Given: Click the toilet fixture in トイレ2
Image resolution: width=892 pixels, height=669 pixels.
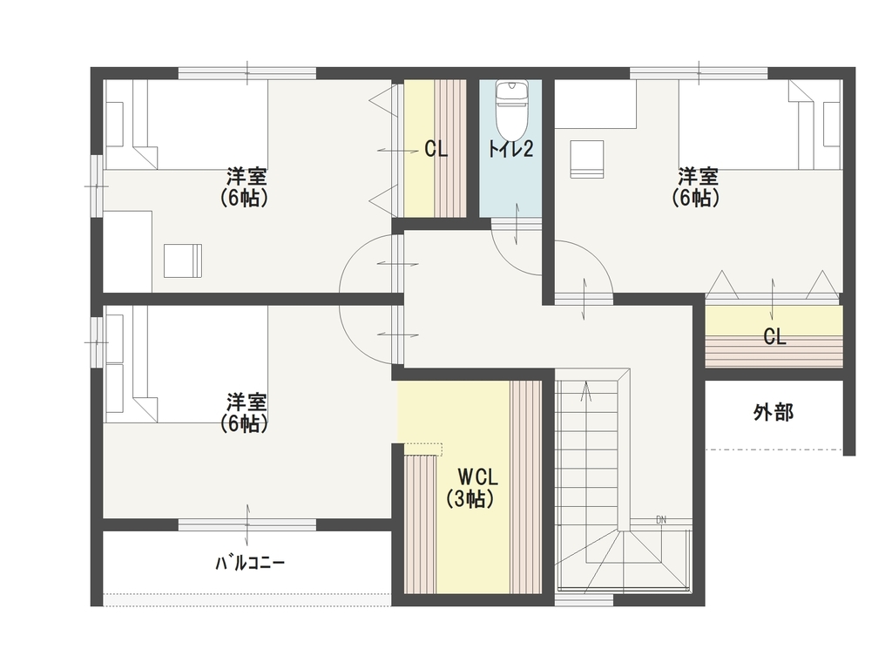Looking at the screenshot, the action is (x=512, y=108).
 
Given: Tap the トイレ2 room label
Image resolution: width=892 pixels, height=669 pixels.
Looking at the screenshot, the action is (x=510, y=149).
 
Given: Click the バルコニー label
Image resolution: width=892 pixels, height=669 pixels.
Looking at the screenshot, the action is (x=250, y=564).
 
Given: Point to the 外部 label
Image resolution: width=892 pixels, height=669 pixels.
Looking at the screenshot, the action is (x=774, y=412).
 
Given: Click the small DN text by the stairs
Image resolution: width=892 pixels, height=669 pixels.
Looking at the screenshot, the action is (x=661, y=520).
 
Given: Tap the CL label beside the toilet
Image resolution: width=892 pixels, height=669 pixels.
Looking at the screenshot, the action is (x=436, y=150).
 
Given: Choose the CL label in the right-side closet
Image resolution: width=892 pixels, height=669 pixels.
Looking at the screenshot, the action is (x=774, y=337).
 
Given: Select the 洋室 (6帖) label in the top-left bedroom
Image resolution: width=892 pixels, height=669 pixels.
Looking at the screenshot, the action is (x=245, y=186).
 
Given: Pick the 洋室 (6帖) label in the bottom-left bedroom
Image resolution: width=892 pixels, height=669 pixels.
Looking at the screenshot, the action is (x=245, y=413).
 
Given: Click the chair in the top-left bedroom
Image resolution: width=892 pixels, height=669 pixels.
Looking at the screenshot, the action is (x=183, y=260).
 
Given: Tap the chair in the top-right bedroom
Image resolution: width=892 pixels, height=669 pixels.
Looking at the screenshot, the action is (x=586, y=159).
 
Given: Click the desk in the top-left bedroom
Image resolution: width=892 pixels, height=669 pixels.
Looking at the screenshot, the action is (x=127, y=252).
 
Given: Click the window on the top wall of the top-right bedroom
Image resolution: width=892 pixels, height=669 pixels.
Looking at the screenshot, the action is (x=699, y=73).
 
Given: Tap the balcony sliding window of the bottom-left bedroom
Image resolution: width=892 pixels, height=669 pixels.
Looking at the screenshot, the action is (x=247, y=524).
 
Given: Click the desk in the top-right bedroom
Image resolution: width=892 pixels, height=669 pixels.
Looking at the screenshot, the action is (x=596, y=105).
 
